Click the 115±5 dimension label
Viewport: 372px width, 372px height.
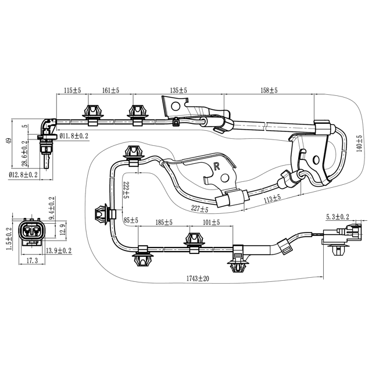pos(73,90)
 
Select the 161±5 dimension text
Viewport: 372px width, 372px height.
pos(110,90)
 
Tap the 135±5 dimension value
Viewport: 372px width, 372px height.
pos(178,90)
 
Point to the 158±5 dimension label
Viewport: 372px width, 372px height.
pos(269,90)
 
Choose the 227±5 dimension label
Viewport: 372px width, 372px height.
pos(199,209)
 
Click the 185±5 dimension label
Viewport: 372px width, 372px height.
pos(164,222)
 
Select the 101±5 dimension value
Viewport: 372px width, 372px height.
pos(211,222)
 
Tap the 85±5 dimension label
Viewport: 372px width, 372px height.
pos(131,220)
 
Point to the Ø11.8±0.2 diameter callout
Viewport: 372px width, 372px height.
pos(74,136)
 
